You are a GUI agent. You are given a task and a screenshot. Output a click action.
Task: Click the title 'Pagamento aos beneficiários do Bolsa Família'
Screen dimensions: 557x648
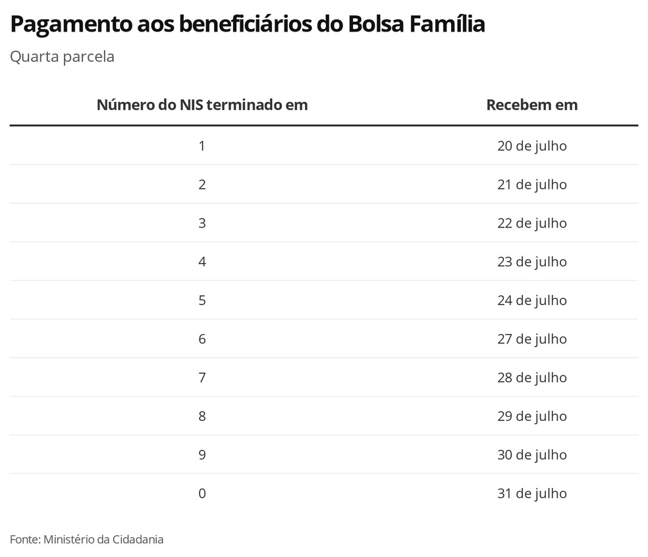(248, 25)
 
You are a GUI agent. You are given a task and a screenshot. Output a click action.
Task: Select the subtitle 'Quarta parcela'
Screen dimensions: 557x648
(62, 57)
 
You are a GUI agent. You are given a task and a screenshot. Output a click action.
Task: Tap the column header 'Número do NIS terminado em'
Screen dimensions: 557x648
(202, 105)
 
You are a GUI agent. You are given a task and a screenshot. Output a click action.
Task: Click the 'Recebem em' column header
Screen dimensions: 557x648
(531, 105)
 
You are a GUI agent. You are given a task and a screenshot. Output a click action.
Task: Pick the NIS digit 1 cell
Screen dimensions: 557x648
(202, 145)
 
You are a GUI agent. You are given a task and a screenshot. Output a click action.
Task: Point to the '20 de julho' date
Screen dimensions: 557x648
(531, 145)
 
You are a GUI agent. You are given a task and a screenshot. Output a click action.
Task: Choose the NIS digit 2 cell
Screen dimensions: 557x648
(202, 184)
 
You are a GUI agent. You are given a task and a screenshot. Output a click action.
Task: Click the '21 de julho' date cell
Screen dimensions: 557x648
(531, 184)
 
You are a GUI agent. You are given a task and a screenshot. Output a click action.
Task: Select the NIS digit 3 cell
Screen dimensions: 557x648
(202, 223)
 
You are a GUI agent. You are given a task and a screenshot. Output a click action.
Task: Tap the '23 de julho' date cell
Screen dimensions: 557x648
(531, 262)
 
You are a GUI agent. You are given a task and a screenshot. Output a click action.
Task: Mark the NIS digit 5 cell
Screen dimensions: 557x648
(202, 300)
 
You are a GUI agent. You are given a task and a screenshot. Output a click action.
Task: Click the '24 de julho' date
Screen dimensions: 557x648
(531, 300)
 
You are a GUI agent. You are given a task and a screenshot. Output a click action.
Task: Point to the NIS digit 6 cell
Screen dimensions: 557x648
(202, 339)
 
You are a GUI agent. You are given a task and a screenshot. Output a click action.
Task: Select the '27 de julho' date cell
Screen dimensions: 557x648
(531, 339)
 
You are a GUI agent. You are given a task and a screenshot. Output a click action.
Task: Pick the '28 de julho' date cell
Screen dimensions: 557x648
(531, 377)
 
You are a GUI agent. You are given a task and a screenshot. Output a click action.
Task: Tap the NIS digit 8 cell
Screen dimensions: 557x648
(202, 416)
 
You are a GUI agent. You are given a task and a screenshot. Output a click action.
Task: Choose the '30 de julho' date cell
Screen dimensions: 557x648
(531, 454)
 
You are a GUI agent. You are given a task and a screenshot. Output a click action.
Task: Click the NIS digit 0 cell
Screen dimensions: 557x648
(202, 493)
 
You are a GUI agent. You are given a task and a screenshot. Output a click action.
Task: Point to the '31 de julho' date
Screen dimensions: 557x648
(531, 493)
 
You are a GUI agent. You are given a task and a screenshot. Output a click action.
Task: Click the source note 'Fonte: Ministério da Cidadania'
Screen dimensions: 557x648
(86, 539)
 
